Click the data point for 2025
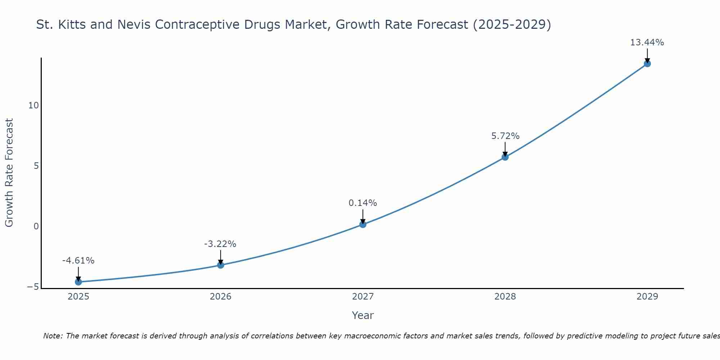[x=78, y=282]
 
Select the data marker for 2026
[x=221, y=265]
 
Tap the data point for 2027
[x=363, y=224]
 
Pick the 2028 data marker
[x=505, y=157]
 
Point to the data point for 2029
[x=647, y=64]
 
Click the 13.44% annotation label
[x=647, y=42]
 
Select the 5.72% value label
[x=505, y=136]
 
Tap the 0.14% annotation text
[x=363, y=203]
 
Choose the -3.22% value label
[x=220, y=244]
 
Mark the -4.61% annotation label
[x=78, y=261]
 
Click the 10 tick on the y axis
[x=33, y=105]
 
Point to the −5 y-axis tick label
[x=33, y=287]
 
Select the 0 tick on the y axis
[x=36, y=226]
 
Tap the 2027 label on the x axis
[x=363, y=297]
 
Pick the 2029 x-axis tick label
[x=647, y=297]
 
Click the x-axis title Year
[x=363, y=315]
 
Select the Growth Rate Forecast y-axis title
[x=9, y=173]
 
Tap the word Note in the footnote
[x=53, y=336]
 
